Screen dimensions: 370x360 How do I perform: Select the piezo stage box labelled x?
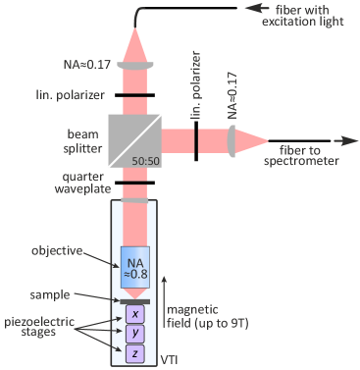coord(135,313)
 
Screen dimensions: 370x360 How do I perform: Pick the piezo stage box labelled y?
coord(135,334)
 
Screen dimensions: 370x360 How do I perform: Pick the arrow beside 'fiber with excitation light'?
coord(283,9)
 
